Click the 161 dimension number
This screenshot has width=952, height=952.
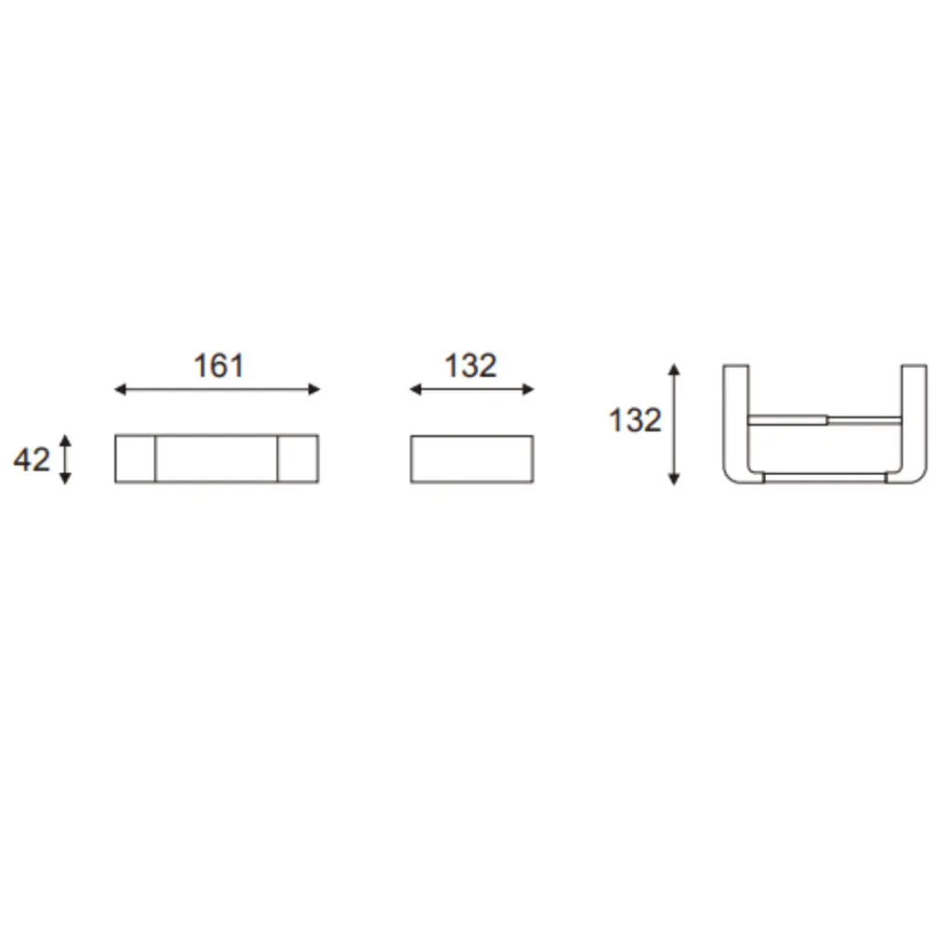pyautogui.click(x=218, y=366)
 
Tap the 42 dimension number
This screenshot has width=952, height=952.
pyautogui.click(x=32, y=459)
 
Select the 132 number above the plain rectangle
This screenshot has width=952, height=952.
pyautogui.click(x=470, y=366)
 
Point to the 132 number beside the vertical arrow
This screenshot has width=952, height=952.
pyautogui.click(x=635, y=421)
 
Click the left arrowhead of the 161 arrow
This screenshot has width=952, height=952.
pyautogui.click(x=120, y=390)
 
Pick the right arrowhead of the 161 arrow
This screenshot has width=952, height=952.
pyautogui.click(x=314, y=390)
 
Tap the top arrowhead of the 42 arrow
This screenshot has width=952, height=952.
pyautogui.click(x=66, y=440)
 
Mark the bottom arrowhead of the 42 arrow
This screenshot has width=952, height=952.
pyautogui.click(x=66, y=479)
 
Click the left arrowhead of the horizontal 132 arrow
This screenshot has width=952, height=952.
pyautogui.click(x=416, y=390)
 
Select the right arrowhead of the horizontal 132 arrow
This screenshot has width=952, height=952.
pyautogui.click(x=528, y=390)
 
